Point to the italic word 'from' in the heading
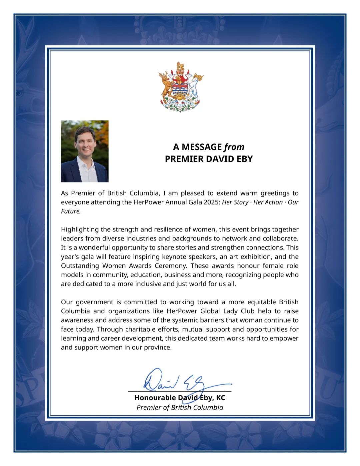pos(234,147)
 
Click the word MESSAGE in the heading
pos(202,147)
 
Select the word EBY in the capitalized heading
pos(244,159)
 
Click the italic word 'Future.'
pos(71,211)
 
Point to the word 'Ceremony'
pos(170,266)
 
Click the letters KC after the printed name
pos(221,398)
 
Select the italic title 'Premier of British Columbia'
pos(180,407)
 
